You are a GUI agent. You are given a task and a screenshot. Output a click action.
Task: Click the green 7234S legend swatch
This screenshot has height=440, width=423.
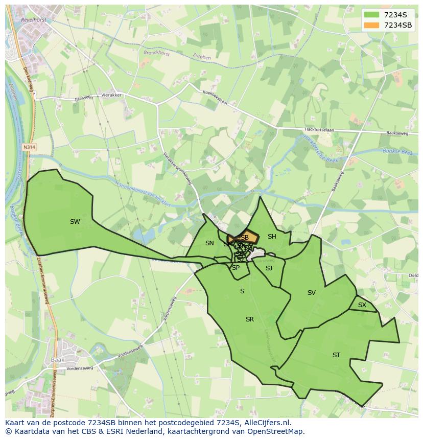click(x=371, y=15)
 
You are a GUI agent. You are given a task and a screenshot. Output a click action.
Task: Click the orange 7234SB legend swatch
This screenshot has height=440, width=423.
click(x=371, y=25)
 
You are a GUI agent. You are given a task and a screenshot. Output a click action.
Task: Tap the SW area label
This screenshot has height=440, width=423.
click(x=75, y=222)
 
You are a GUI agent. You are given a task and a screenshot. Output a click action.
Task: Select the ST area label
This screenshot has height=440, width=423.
click(x=336, y=355)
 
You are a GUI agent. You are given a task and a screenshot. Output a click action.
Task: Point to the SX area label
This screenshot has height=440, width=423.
click(x=362, y=305)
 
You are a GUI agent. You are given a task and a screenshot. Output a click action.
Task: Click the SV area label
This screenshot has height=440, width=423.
click(x=312, y=293)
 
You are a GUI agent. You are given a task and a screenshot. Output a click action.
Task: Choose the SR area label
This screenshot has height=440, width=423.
click(x=250, y=319)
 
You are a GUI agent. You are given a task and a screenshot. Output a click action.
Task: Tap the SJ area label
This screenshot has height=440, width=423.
click(x=269, y=268)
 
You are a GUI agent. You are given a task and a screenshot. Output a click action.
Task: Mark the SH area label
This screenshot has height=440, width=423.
click(x=272, y=237)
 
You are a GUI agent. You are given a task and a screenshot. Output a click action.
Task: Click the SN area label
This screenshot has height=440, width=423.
click(x=209, y=243)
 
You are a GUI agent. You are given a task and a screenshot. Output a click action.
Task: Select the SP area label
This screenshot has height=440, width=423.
click(x=236, y=268)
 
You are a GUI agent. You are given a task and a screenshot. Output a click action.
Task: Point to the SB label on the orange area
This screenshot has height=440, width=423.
click(x=244, y=238)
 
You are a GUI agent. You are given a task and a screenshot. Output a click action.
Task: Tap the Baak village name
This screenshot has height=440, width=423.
click(x=57, y=359)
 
